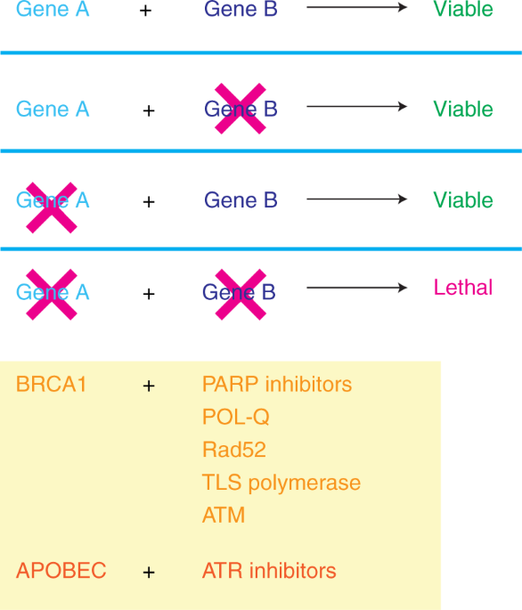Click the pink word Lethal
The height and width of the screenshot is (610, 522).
pyautogui.click(x=462, y=288)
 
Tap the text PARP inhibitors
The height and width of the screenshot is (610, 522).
pyautogui.click(x=276, y=385)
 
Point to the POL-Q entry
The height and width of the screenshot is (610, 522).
pyautogui.click(x=235, y=417)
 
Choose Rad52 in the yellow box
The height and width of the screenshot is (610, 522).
pyautogui.click(x=233, y=450)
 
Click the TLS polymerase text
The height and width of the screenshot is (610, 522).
pyautogui.click(x=281, y=483)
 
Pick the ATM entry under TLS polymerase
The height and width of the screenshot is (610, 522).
pyautogui.click(x=223, y=515)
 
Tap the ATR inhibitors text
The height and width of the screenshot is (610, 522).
pyautogui.click(x=269, y=571)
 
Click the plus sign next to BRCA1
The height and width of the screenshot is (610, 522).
pyautogui.click(x=149, y=386)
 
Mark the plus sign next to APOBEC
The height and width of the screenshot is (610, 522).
pyautogui.click(x=149, y=572)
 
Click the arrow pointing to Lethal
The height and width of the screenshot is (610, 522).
pyautogui.click(x=356, y=288)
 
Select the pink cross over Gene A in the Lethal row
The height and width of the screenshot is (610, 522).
pyautogui.click(x=52, y=293)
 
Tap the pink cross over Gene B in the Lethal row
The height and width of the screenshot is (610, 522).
pyautogui.click(x=240, y=293)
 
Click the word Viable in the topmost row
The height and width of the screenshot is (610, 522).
pyautogui.click(x=462, y=10)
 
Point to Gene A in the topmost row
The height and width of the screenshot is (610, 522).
pyautogui.click(x=53, y=10)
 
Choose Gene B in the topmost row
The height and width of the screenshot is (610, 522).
pyautogui.click(x=241, y=10)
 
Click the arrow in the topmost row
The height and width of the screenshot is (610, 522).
pyautogui.click(x=356, y=7)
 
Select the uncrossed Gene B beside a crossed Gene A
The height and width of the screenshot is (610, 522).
pyautogui.click(x=241, y=200)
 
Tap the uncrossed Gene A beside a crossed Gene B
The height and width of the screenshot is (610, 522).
pyautogui.click(x=53, y=110)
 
